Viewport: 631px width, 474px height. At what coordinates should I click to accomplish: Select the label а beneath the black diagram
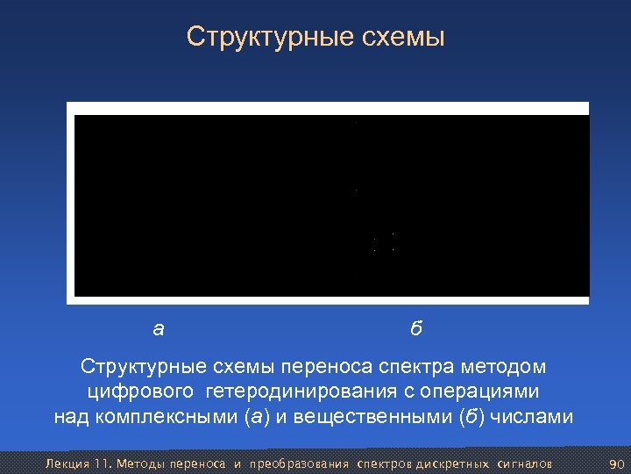158,330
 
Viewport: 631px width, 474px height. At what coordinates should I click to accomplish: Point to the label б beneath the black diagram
416,329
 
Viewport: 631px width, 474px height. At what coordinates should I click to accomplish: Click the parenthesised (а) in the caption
255,416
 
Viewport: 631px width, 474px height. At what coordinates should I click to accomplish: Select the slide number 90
615,463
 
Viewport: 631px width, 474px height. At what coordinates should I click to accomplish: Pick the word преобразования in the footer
299,463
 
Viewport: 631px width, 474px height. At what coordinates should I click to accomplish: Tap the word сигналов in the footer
523,463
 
